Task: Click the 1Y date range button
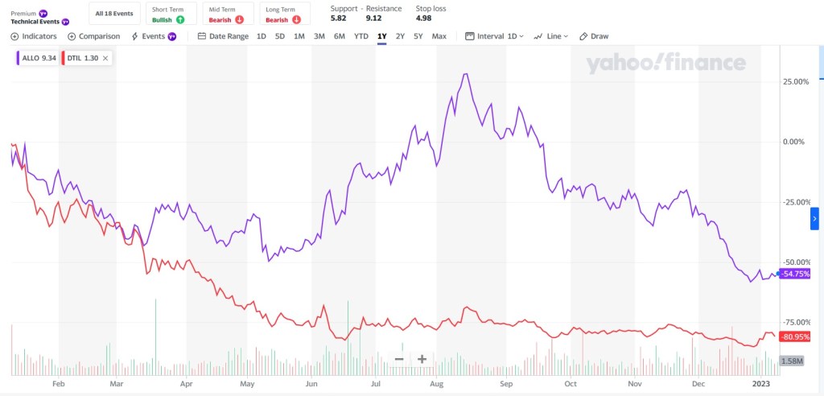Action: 381,36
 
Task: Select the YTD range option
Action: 361,36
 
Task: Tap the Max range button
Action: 439,36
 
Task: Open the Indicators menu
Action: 34,36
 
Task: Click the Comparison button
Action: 94,36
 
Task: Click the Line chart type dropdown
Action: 551,36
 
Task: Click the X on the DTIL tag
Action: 106,58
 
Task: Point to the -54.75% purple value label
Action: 793,274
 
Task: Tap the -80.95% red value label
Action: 793,336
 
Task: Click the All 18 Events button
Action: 114,14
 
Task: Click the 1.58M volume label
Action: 792,361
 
